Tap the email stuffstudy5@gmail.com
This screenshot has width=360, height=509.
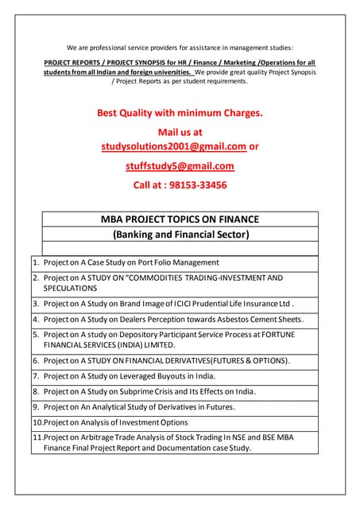tap(180, 166)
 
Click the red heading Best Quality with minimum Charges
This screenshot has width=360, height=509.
tap(180, 113)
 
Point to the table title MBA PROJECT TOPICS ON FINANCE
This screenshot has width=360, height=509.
tap(180, 219)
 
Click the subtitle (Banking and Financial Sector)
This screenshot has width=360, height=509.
tap(180, 235)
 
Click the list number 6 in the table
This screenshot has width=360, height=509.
tap(36, 360)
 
